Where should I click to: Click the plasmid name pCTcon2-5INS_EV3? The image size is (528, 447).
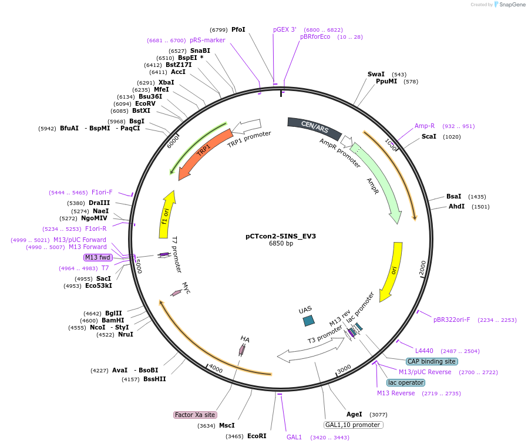tap(281, 236)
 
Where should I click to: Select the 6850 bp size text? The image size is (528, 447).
tap(281, 244)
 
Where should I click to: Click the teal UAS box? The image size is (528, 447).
tap(308, 321)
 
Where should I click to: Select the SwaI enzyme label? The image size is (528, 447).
tap(376, 75)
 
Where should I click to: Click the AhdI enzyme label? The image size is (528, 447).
tap(457, 206)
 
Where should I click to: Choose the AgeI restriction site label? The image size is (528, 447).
tap(354, 414)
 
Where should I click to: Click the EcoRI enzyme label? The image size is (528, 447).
tap(257, 436)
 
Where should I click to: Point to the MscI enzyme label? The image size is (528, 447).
tap(227, 425)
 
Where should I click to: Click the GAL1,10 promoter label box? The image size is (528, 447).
tap(353, 425)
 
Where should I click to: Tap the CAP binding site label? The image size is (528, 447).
tap(432, 361)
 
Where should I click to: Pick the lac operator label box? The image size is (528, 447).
tap(405, 382)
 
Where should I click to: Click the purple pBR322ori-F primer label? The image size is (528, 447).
tap(452, 320)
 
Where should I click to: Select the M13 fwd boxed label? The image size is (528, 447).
tap(97, 257)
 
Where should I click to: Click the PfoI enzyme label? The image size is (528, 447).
tap(238, 29)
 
